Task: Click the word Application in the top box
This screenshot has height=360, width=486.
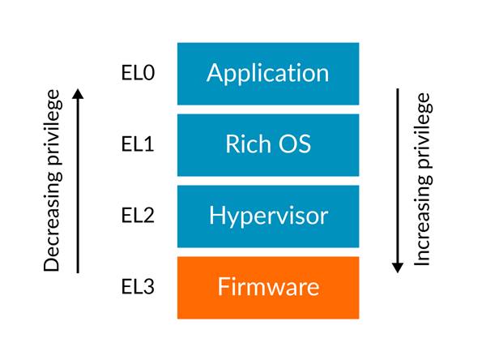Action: tap(268, 73)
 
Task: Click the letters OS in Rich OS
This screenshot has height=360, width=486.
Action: tap(294, 144)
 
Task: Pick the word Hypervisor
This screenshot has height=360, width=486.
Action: tap(268, 216)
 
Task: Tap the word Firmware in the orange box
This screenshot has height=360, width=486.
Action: tap(268, 287)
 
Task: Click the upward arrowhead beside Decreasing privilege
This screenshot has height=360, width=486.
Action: tap(78, 93)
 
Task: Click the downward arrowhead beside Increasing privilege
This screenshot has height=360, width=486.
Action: tap(398, 267)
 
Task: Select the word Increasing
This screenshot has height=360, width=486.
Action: tap(424, 224)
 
